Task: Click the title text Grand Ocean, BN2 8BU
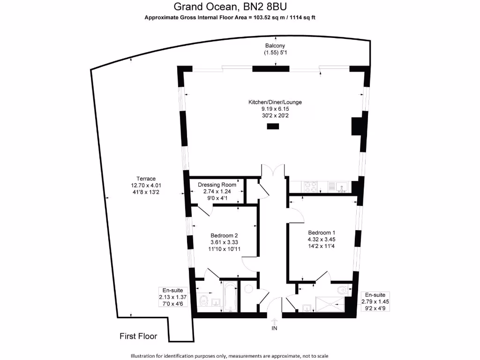[230, 7]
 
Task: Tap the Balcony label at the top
[275, 45]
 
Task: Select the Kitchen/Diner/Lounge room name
[275, 102]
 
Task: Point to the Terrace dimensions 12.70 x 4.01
[146, 185]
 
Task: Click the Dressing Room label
[217, 185]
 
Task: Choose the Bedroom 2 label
[225, 235]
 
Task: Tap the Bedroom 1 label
[322, 232]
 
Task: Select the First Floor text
[138, 336]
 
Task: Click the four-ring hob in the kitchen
[310, 187]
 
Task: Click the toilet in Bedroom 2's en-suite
[203, 300]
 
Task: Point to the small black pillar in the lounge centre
[272, 126]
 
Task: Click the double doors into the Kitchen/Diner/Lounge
[272, 171]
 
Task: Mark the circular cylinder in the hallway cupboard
[249, 289]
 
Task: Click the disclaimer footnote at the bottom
[230, 356]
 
